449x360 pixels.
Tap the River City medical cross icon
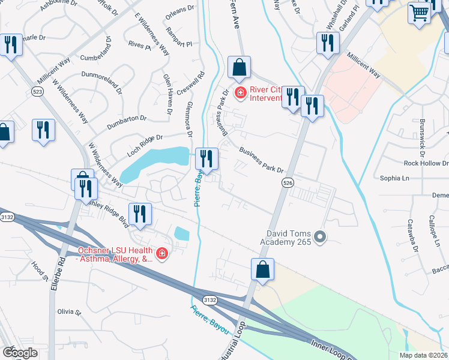pos(240,92)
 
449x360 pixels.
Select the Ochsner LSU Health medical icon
pos(161,254)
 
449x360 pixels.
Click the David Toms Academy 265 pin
pos(319,237)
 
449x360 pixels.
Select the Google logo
pos(20,353)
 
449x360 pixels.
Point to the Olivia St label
pos(68,312)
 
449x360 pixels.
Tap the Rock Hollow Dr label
pos(426,163)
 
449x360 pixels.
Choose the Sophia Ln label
pos(394,178)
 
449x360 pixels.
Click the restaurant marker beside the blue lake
pos(206,159)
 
